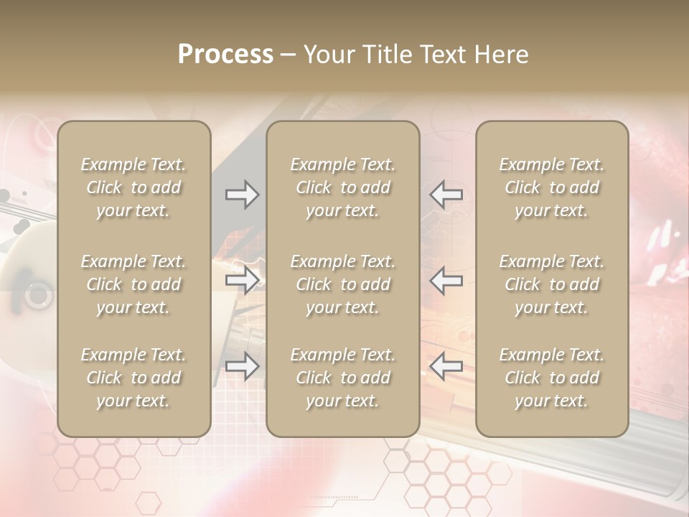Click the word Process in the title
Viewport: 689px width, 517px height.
[x=225, y=55]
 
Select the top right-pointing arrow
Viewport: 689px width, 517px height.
[x=243, y=195]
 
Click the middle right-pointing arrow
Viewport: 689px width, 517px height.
[x=243, y=280]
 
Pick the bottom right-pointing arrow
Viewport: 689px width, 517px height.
[x=243, y=366]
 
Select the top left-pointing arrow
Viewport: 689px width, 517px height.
[x=446, y=195]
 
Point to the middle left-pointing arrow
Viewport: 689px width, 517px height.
[x=446, y=280]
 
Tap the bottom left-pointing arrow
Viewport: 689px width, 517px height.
[x=446, y=366]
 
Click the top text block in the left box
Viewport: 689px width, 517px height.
[x=133, y=187]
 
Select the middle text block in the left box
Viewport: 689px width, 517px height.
[x=133, y=284]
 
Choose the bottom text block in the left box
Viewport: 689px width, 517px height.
[x=133, y=378]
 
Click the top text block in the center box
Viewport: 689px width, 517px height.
[x=343, y=187]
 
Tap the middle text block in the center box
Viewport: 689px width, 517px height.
[x=343, y=284]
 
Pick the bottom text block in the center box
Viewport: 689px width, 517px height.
[x=343, y=378]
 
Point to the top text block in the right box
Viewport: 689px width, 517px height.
[x=552, y=187]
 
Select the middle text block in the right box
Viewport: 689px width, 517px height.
[x=552, y=284]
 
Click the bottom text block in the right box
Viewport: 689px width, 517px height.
[x=552, y=378]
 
